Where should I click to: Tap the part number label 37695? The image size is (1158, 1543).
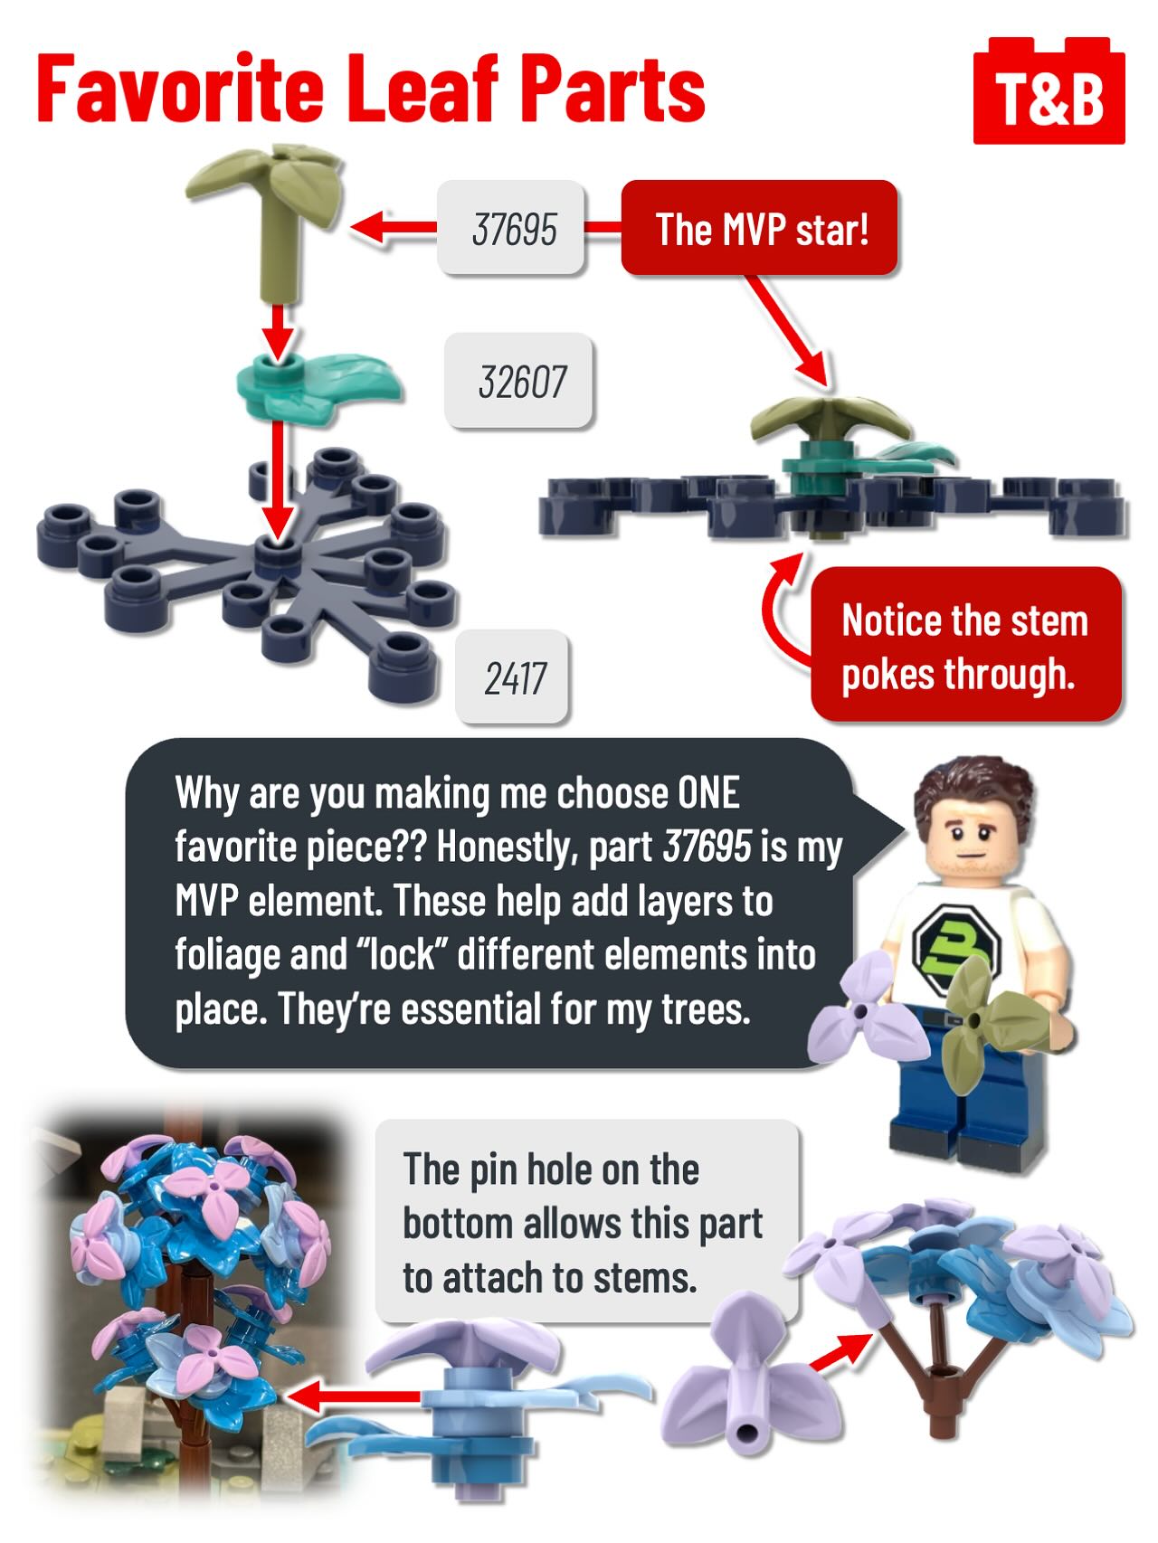[512, 228]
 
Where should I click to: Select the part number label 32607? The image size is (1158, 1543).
[519, 381]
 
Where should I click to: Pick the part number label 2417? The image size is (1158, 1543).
[513, 677]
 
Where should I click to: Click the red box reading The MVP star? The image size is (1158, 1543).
[760, 228]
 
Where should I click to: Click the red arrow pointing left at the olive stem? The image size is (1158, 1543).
[394, 227]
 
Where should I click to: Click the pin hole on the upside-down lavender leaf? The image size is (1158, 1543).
[748, 1432]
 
